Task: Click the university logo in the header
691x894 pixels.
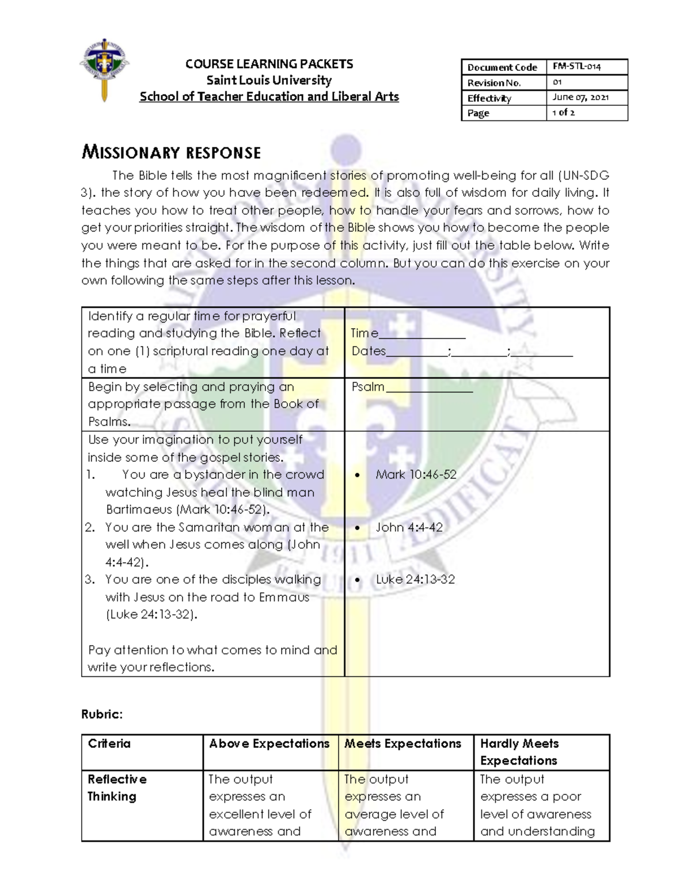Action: (104, 70)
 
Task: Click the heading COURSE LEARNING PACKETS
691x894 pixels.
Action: (269, 64)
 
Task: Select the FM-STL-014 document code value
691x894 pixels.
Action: (576, 67)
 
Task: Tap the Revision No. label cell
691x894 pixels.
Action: (493, 82)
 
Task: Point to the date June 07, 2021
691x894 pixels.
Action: (580, 97)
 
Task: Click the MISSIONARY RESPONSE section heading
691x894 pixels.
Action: (171, 153)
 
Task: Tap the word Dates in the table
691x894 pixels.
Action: (369, 351)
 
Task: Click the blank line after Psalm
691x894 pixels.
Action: (429, 387)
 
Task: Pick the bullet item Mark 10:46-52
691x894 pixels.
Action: (416, 475)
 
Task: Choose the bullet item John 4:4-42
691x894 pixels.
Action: (409, 527)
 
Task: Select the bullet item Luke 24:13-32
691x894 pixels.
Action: (415, 580)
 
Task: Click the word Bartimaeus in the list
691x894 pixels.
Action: (139, 510)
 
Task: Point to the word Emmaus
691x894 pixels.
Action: (284, 598)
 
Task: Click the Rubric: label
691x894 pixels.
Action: (102, 714)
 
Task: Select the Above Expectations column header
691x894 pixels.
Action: (269, 744)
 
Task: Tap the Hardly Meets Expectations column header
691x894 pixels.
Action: (519, 752)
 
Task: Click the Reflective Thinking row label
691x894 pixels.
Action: (116, 788)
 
